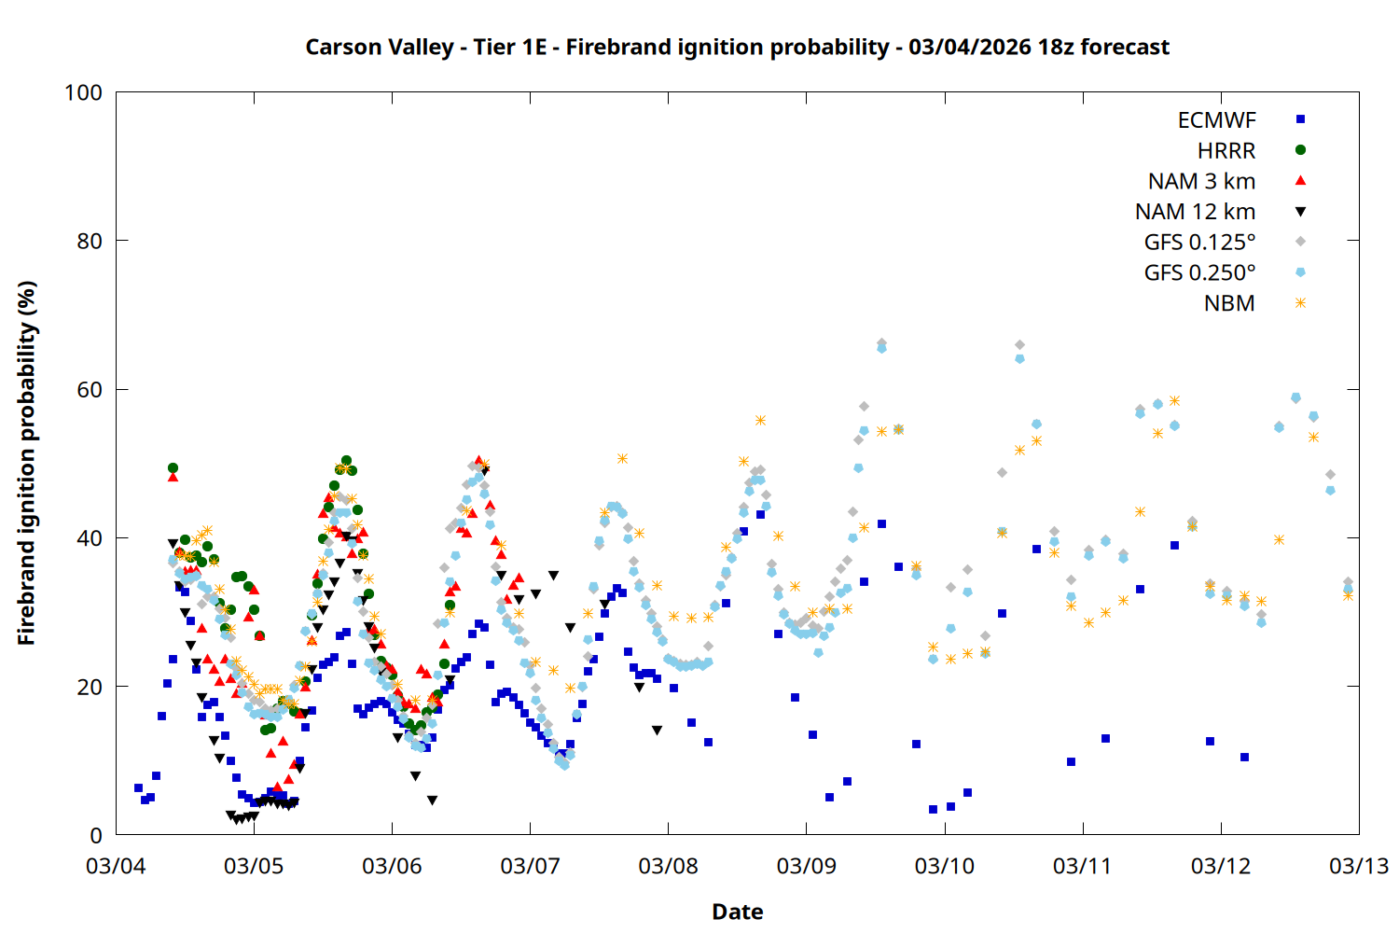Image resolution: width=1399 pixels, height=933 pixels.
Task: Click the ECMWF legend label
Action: (x=1216, y=120)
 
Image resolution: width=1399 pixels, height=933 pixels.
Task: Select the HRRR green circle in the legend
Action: (x=1300, y=150)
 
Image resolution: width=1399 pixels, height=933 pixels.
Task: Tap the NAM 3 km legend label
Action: (x=1201, y=181)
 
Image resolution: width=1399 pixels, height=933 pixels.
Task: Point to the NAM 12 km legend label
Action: (x=1195, y=212)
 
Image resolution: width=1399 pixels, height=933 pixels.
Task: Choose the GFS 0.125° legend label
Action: (x=1199, y=243)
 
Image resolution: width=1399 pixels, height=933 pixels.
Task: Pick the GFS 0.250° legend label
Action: (x=1199, y=273)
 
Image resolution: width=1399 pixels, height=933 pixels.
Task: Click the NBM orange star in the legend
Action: (x=1300, y=303)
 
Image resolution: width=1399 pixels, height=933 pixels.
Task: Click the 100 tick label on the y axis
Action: (x=83, y=92)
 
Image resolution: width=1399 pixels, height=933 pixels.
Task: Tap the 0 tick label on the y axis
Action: (x=96, y=835)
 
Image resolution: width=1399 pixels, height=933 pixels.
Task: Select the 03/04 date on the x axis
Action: (x=116, y=866)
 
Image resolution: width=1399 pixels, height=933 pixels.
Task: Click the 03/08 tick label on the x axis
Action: (x=668, y=866)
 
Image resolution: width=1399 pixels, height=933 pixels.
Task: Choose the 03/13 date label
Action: (x=1358, y=866)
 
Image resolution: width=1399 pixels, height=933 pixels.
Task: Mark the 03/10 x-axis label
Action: (x=944, y=866)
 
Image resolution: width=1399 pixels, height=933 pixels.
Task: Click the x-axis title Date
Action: (x=737, y=912)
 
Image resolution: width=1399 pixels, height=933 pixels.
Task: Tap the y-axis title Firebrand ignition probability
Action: (x=27, y=463)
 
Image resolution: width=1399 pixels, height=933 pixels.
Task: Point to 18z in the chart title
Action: (x=1056, y=47)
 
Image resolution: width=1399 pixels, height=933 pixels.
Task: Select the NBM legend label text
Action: (x=1229, y=303)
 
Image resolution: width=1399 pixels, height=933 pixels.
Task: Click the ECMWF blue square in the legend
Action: (x=1300, y=119)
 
